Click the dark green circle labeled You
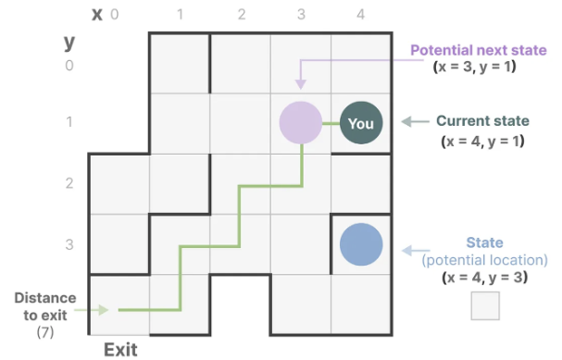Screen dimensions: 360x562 (x=361, y=122)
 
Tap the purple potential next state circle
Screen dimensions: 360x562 (x=301, y=122)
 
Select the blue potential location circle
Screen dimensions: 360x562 (x=361, y=244)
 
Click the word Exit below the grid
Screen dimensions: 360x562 (x=120, y=349)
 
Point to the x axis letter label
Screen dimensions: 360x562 (x=96, y=14)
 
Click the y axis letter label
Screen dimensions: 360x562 (x=69, y=42)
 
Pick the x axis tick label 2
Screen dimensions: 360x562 (x=240, y=16)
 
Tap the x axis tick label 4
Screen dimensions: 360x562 (x=361, y=16)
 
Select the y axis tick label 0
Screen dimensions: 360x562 (x=69, y=65)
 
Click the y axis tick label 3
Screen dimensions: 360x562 (x=69, y=244)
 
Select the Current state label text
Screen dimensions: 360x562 (x=482, y=121)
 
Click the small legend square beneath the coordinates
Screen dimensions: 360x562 (x=485, y=306)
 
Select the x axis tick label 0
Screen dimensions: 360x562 (x=115, y=16)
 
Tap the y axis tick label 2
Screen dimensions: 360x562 (x=69, y=184)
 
